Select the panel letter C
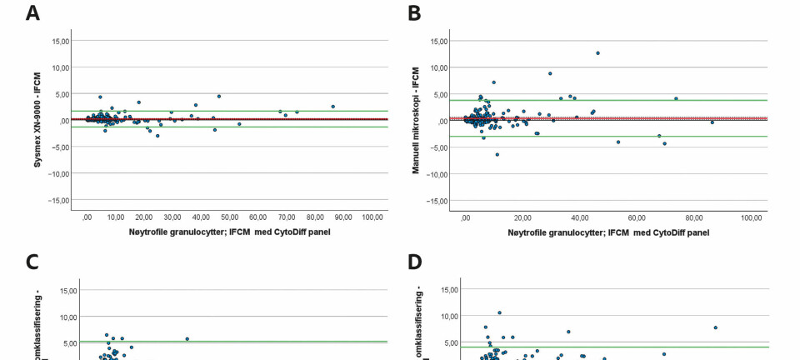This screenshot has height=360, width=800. (x=32, y=262)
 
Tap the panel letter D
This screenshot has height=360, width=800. (x=415, y=262)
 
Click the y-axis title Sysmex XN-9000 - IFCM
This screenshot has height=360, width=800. (x=37, y=120)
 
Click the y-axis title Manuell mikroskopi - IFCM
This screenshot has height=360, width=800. (x=416, y=120)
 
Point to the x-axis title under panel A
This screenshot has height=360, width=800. (x=229, y=232)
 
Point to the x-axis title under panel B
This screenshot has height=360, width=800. (x=608, y=232)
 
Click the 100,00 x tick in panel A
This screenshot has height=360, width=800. (x=372, y=217)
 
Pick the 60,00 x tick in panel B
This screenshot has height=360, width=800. (x=637, y=217)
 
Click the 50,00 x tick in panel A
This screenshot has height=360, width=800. (x=229, y=217)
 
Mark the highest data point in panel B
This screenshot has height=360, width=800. (x=597, y=53)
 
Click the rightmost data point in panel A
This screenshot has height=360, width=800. (x=332, y=107)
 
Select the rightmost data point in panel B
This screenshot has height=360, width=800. (x=712, y=122)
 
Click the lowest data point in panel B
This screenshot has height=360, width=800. (x=497, y=154)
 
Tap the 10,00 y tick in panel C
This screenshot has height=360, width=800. (x=67, y=317)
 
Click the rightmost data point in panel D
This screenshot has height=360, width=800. (x=715, y=327)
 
